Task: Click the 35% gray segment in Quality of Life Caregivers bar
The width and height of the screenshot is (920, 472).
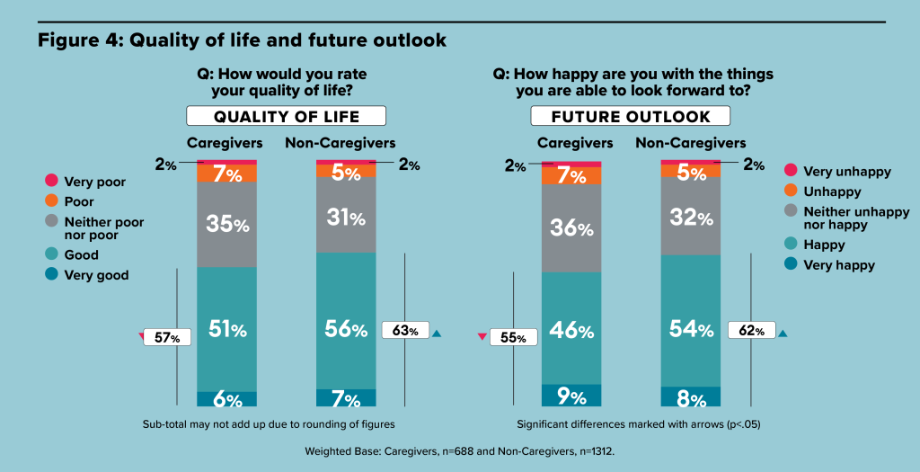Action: (226, 224)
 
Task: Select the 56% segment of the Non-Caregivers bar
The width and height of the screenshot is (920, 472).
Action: (346, 321)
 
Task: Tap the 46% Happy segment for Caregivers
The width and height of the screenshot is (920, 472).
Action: (571, 328)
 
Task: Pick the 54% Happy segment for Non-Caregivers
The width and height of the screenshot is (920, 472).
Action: (691, 321)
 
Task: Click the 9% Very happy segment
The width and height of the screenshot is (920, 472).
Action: (571, 395)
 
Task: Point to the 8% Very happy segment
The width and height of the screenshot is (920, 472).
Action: (691, 396)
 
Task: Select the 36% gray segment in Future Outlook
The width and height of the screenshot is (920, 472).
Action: (571, 228)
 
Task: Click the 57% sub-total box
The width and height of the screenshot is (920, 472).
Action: (167, 337)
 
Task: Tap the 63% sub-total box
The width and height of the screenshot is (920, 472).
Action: (405, 330)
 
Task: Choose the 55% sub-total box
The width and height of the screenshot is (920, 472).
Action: (513, 337)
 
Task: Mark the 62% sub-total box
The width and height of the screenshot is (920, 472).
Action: (752, 330)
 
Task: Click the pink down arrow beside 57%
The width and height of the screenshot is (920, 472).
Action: (141, 336)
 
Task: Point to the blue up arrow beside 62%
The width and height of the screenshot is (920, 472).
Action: (783, 334)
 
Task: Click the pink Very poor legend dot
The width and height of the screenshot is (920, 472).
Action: (51, 181)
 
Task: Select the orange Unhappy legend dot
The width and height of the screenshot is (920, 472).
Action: (791, 191)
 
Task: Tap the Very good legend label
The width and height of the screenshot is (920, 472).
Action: (96, 275)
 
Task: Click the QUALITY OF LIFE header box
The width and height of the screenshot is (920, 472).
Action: (287, 116)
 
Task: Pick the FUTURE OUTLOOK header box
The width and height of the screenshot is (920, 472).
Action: (631, 116)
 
